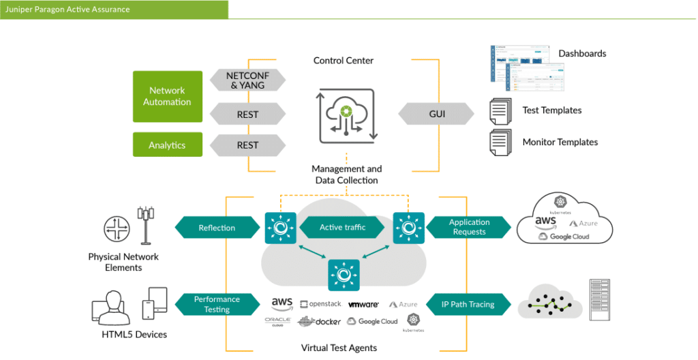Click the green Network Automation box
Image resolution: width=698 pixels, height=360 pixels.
167,96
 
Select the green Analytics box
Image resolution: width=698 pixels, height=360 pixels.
167,145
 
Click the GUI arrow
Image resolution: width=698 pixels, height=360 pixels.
437,114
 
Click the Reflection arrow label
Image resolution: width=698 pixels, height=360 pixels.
217,228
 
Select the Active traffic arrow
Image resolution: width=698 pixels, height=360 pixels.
343,228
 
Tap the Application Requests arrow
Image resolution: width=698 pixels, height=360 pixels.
469,227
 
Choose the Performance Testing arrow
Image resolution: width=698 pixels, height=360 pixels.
217,304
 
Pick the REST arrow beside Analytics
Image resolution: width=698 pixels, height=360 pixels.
247,145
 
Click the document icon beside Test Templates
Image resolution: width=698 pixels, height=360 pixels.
501,111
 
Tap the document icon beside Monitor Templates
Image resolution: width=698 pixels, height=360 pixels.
501,142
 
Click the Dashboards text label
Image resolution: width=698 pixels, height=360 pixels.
582,54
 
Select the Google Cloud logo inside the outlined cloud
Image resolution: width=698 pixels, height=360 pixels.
564,237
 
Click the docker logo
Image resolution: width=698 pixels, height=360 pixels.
319,321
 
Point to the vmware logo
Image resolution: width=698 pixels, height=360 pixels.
363,304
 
